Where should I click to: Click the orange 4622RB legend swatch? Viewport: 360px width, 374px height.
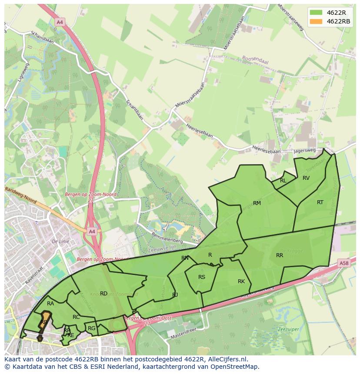tap(316, 21)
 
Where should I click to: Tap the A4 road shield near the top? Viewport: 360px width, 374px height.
tap(60, 21)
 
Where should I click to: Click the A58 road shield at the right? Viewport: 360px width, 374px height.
tap(343, 263)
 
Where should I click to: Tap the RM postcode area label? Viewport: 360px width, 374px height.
tap(257, 203)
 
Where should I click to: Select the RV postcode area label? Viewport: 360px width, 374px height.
tap(306, 178)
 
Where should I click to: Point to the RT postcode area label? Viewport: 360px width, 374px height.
tap(320, 202)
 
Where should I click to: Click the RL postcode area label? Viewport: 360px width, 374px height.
tap(283, 180)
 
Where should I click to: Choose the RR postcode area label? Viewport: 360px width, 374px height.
tap(280, 255)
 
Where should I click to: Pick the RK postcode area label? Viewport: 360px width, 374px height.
tap(241, 281)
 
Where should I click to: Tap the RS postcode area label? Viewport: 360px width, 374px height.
tap(202, 277)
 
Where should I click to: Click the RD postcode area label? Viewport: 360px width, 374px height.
tap(103, 294)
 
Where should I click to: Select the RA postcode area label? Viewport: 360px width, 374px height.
tap(50, 303)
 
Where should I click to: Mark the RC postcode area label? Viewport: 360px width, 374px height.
tap(76, 317)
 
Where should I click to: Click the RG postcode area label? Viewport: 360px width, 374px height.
tap(91, 328)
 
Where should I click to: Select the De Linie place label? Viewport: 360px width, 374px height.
tap(60, 241)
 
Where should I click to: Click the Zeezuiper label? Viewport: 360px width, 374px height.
tap(287, 329)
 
